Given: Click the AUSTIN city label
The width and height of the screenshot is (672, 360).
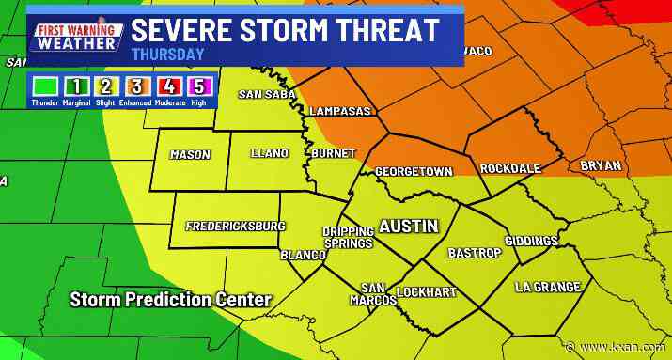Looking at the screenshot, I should click(408, 227).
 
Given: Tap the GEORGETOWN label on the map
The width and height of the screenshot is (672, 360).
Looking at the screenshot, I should click(414, 172).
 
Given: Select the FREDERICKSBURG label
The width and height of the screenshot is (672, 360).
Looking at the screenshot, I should click(235, 227).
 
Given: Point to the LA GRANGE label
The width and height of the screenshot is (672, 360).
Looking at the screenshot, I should click(547, 287).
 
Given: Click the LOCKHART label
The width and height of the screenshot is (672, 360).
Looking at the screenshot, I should click(427, 292).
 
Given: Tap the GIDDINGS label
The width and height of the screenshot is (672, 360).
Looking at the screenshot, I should click(531, 242).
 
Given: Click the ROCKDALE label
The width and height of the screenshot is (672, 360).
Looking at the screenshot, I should click(510, 168).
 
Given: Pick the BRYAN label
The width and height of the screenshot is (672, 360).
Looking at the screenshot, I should click(601, 165).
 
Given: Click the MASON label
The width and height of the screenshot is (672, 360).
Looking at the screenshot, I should click(190, 155).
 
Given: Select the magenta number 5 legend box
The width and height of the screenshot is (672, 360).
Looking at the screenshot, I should click(199, 87).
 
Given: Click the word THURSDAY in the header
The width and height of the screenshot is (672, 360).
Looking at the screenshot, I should click(168, 55).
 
